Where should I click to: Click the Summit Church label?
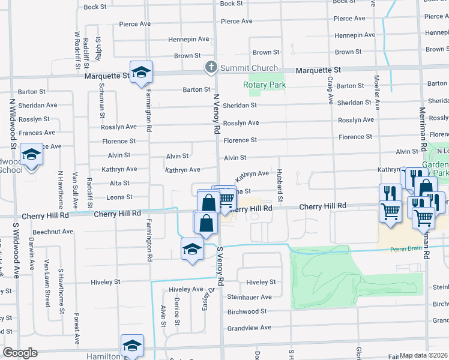pos(249,68)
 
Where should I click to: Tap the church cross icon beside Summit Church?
pos(211,68)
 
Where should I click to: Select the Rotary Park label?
pos(264,85)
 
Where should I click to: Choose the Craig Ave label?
pos(330,90)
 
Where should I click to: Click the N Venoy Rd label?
pos(217,115)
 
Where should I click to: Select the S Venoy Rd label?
pos(220,265)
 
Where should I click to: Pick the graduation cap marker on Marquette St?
pos(141,73)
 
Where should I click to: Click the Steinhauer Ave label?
pos(249,296)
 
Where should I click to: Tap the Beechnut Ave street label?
pos(53,231)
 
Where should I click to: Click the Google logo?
pos(19,353)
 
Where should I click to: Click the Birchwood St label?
pos(247,311)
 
